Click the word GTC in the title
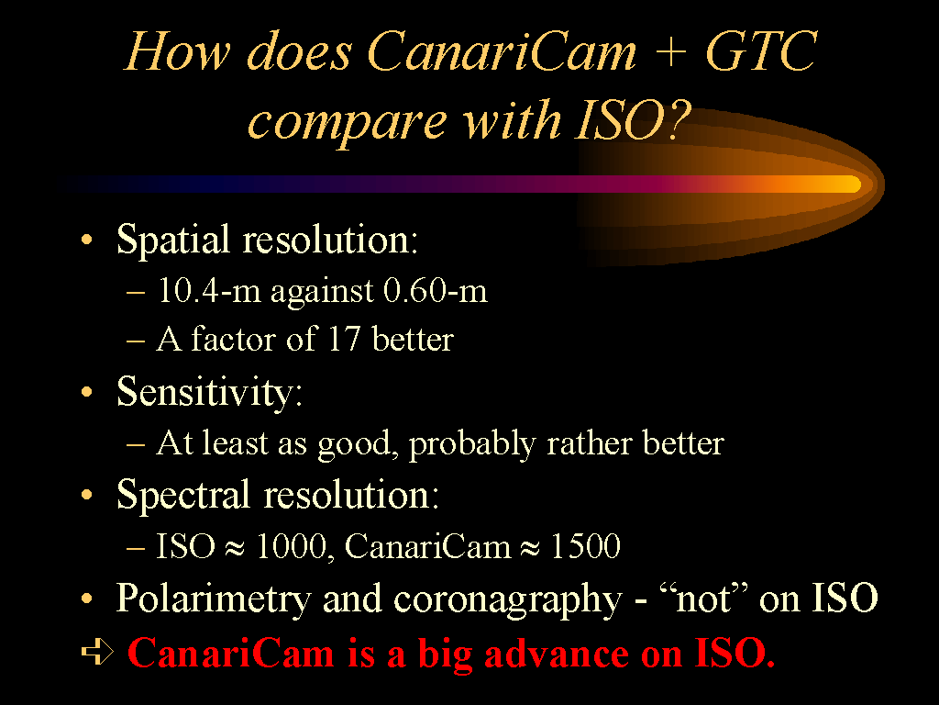[761, 51]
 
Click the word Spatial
[172, 240]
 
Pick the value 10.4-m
[209, 290]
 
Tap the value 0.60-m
[436, 290]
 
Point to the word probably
[472, 444]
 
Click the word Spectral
[182, 495]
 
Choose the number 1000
[292, 546]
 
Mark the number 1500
[585, 546]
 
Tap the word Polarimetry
[213, 599]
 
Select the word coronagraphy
[508, 599]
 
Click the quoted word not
[703, 599]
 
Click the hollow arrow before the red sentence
[97, 653]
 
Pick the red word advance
[557, 653]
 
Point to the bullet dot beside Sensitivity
[87, 393]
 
